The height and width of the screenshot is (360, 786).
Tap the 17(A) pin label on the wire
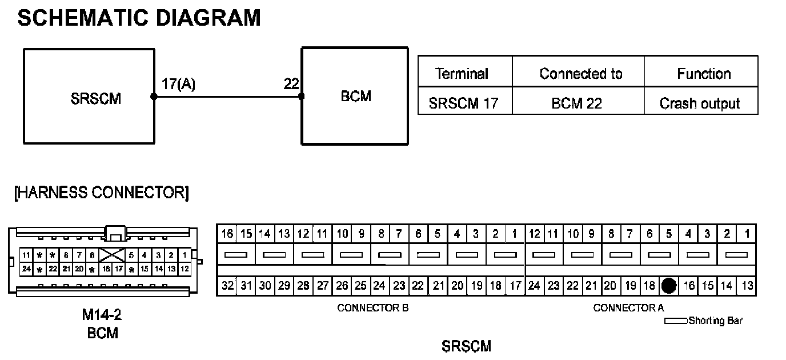(178, 85)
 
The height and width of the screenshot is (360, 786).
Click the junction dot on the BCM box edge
(302, 97)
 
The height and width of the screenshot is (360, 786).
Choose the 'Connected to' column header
(580, 74)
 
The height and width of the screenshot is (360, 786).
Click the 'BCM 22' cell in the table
(578, 103)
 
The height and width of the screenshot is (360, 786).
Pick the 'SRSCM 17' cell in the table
(463, 103)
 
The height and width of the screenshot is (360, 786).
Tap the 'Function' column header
(704, 74)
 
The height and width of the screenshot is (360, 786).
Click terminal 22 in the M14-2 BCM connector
(53, 268)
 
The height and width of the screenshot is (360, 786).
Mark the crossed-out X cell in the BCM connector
(112, 255)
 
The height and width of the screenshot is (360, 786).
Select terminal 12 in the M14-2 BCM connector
(185, 268)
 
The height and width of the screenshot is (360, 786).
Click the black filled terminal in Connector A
(669, 286)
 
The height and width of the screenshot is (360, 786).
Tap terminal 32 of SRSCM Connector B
(227, 286)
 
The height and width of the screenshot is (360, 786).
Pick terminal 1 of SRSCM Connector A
(747, 234)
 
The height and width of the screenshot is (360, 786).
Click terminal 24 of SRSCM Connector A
(535, 286)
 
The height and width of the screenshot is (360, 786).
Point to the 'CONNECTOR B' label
(372, 308)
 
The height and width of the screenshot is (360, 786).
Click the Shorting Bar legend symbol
(676, 321)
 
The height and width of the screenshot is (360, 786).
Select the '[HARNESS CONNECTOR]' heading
(101, 193)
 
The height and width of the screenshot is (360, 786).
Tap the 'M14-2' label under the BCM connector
(102, 315)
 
